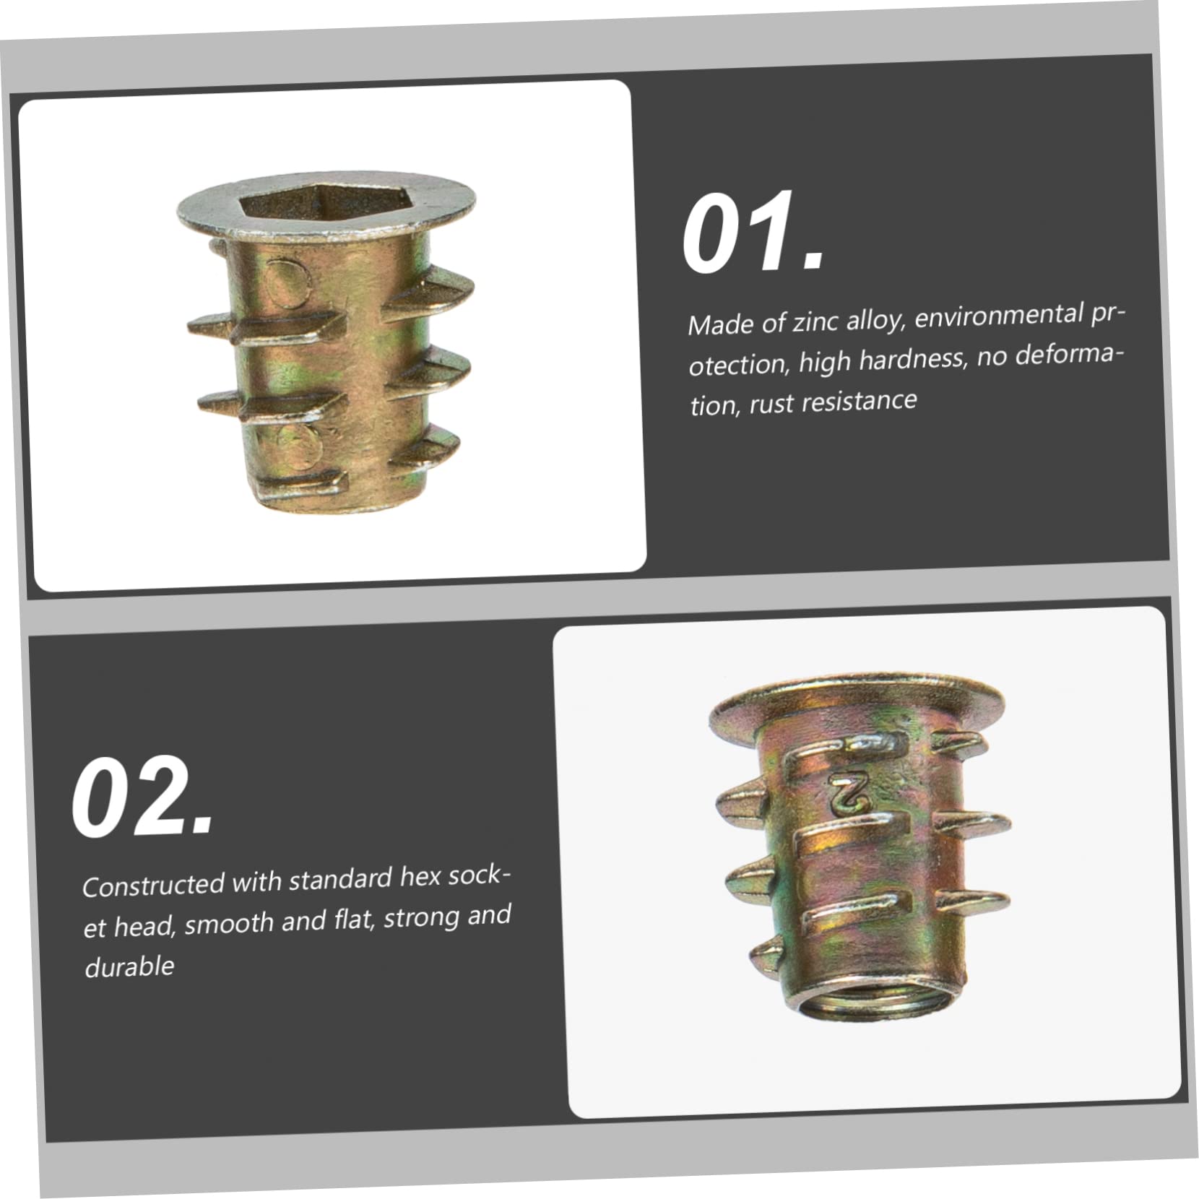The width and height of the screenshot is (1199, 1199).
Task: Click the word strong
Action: [x=421, y=918]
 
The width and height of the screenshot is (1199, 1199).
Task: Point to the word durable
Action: [x=129, y=966]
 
